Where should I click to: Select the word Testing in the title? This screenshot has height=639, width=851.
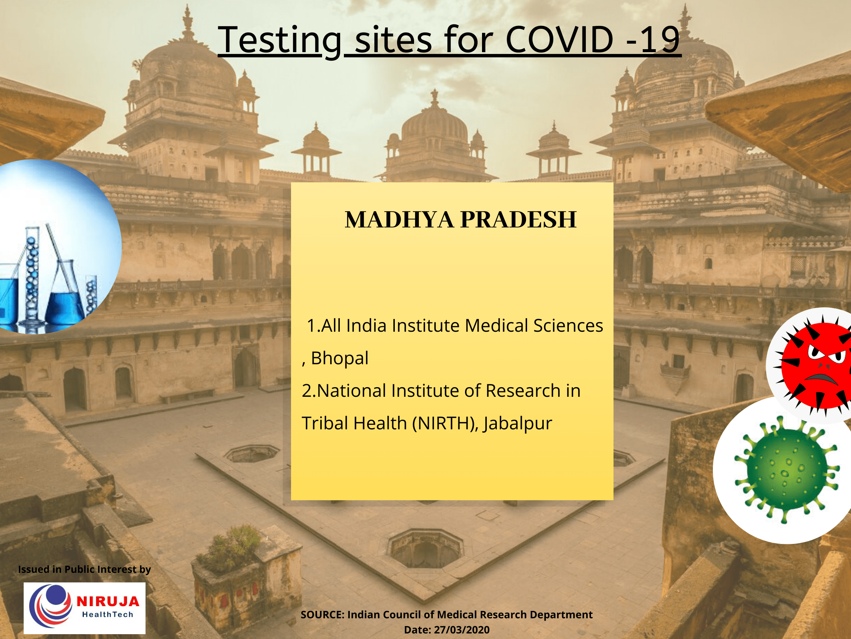280,40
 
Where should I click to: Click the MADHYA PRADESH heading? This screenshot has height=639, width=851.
461,220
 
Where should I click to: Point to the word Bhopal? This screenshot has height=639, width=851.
339,358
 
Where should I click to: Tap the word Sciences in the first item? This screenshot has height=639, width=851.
568,325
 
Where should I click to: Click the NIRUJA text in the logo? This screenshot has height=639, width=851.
108,601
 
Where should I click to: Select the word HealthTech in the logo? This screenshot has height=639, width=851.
107,614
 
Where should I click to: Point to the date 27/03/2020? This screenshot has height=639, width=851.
462,630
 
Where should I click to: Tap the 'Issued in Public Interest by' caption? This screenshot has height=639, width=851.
84,569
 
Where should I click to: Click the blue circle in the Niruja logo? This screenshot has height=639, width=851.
56,595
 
